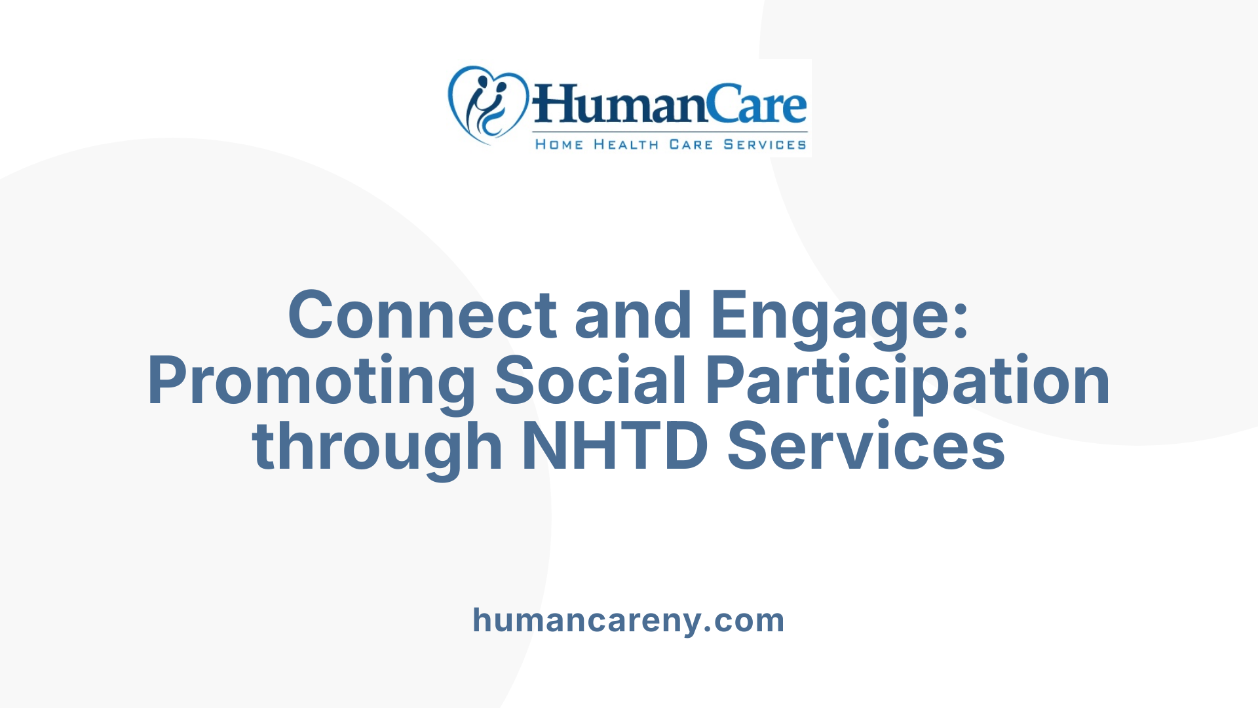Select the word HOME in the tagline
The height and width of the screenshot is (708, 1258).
[x=559, y=144]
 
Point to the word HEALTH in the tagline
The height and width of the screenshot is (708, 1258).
[x=626, y=144]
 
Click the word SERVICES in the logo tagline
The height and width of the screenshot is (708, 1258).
[x=765, y=144]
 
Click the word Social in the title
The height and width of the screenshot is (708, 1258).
[x=590, y=381]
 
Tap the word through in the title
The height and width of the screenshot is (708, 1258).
[x=377, y=448]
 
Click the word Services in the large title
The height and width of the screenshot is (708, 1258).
[x=866, y=446]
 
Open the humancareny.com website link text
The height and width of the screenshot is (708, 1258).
[x=628, y=620]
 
